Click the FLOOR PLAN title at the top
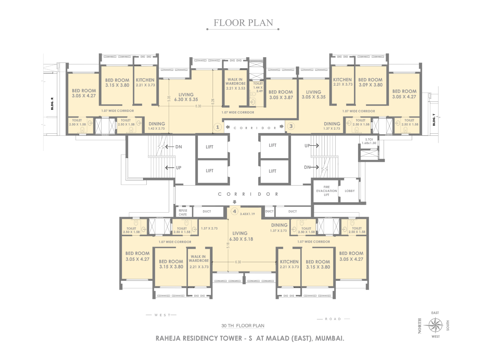point(243,23)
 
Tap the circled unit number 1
point(217,127)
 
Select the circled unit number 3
point(291,126)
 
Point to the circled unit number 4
point(235,212)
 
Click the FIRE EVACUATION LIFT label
point(326,191)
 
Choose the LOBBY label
point(350,191)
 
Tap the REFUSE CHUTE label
point(183,213)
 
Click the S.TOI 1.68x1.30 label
point(369,141)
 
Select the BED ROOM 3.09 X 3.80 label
point(370,82)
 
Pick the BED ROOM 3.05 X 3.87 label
point(281,95)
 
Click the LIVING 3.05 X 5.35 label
point(313,95)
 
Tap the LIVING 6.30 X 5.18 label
point(241,236)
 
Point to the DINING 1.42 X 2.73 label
point(157,126)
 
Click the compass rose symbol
point(435,325)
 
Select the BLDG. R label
point(52,104)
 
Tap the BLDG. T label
point(434,119)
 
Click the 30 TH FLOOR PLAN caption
point(243,326)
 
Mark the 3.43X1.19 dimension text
point(247,214)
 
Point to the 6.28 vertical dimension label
point(213,101)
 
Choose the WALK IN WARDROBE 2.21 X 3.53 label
point(236,84)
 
